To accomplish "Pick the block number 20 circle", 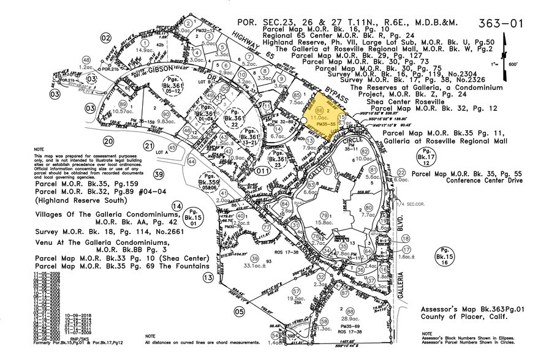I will point(109,124).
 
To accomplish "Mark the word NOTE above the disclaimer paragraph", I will point(39,132).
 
